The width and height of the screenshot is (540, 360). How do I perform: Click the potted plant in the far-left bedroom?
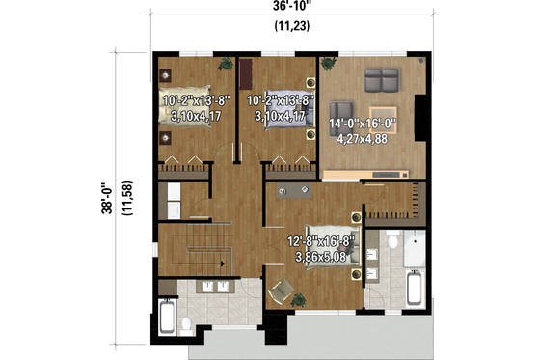pyautogui.click(x=225, y=64)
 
